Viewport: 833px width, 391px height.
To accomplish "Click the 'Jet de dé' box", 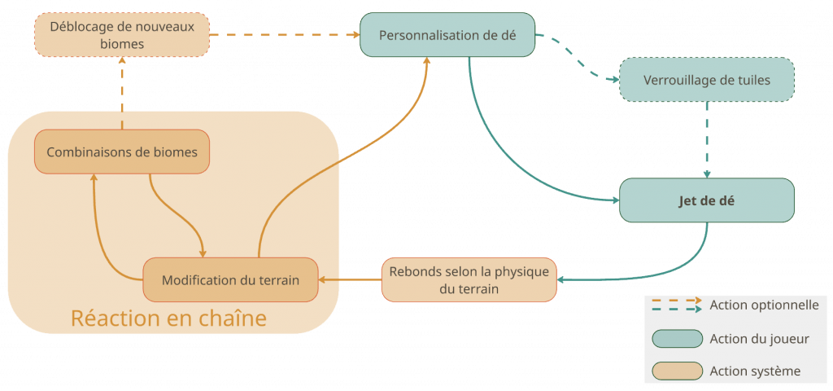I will [706, 200].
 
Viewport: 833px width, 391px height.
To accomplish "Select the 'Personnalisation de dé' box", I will [447, 35].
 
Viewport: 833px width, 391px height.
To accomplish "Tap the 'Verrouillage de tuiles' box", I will [706, 80].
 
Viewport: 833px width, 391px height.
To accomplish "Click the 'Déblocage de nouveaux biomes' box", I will [122, 35].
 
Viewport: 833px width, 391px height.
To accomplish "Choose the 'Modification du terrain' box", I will [230, 279].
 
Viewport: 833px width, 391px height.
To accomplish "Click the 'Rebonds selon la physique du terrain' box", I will [469, 279].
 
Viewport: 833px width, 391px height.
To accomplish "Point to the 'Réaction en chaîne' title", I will [168, 318].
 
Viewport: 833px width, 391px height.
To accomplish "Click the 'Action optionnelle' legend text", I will [764, 305].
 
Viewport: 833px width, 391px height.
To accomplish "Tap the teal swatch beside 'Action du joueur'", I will [677, 338].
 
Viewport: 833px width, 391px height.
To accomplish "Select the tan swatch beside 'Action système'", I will [677, 371].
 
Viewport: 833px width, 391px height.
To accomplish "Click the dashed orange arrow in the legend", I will [676, 301].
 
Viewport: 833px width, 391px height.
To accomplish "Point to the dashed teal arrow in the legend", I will [676, 310].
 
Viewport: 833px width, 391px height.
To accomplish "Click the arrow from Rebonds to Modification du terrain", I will [350, 279].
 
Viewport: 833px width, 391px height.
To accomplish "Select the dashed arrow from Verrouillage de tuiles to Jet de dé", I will [707, 138].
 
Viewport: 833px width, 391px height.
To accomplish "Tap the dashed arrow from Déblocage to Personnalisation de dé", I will [285, 35].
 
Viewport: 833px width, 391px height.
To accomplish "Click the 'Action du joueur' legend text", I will [759, 338].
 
